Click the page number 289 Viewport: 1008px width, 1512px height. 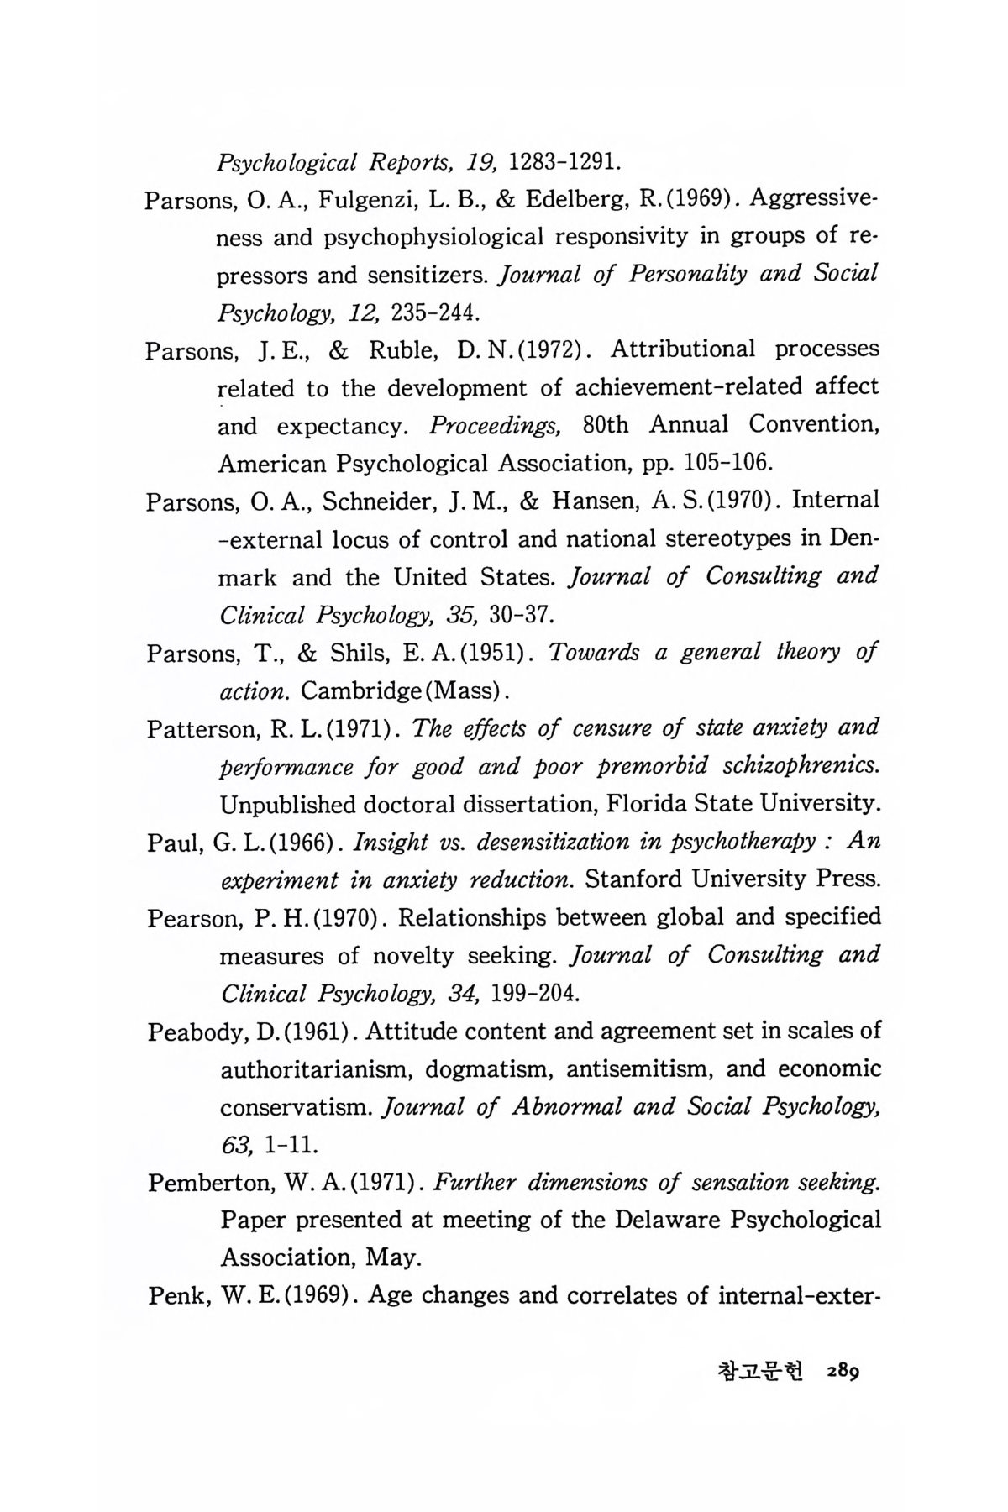(x=843, y=1371)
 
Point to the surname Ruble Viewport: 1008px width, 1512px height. (x=402, y=350)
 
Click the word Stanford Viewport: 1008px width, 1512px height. (x=641, y=880)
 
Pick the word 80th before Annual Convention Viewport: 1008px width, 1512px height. (x=605, y=425)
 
